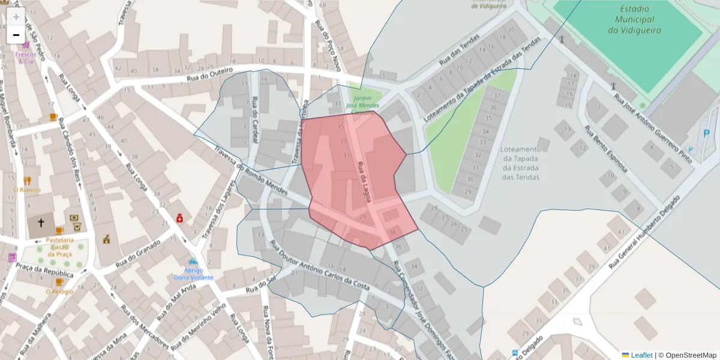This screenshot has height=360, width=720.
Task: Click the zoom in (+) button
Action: [16, 17]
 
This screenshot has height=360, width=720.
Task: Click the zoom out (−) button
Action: [16, 35]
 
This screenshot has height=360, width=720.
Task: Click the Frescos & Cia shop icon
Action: [26, 45]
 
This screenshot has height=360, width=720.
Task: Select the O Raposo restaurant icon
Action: [27, 180]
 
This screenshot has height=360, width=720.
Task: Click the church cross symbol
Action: [41, 223]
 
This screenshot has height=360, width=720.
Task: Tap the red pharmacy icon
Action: [179, 218]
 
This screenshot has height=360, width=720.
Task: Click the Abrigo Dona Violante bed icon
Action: [193, 262]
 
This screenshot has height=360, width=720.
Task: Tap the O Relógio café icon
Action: [59, 281]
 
